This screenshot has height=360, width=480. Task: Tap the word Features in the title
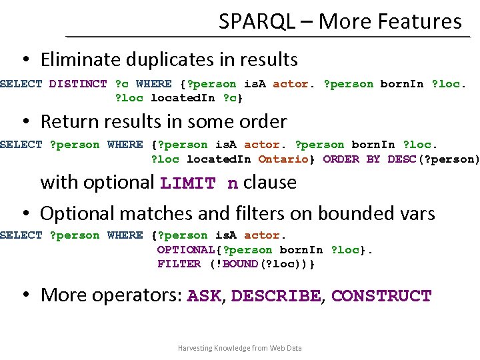click(423, 21)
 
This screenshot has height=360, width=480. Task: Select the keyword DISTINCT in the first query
click(78, 84)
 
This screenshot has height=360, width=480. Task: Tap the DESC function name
click(401, 159)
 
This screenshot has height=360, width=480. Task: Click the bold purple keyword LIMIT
click(189, 183)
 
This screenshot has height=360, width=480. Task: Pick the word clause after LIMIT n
click(270, 182)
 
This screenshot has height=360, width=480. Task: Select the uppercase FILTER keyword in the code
click(179, 264)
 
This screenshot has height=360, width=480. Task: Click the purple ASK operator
click(205, 295)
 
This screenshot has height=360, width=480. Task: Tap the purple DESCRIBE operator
click(275, 295)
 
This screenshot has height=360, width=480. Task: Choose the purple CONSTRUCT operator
click(381, 295)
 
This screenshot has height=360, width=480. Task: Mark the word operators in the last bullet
click(136, 295)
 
